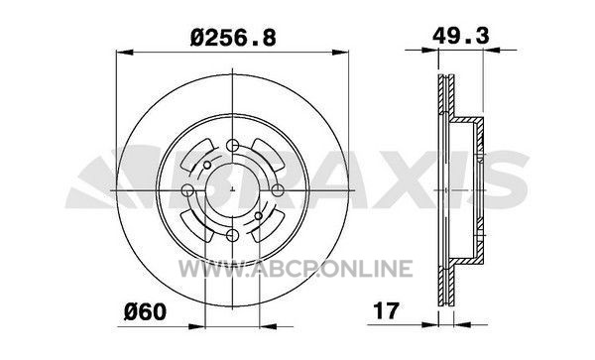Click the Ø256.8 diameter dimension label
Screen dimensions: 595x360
233,39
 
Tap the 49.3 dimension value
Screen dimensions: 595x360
461,36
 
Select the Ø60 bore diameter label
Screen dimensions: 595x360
146,312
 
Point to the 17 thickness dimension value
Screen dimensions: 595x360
386,310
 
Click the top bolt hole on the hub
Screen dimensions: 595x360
232,146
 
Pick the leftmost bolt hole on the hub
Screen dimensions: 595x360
188,190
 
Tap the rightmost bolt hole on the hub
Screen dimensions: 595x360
277,190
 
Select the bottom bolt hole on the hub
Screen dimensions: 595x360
232,235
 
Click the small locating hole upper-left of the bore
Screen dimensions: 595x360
207,166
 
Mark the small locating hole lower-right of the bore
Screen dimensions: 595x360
259,216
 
